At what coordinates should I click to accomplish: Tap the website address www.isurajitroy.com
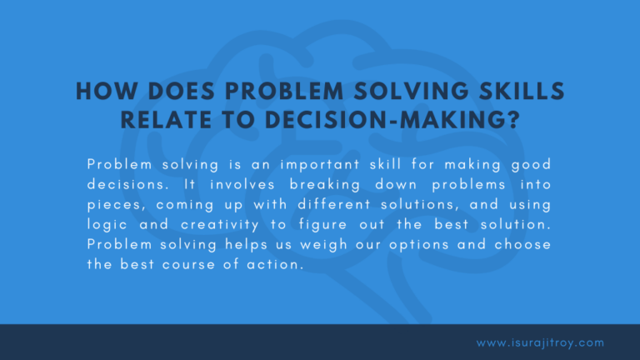pos(540,342)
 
